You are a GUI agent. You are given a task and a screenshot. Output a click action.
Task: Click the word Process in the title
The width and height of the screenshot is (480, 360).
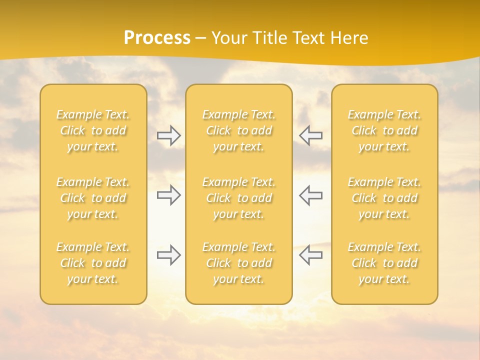pos(157,38)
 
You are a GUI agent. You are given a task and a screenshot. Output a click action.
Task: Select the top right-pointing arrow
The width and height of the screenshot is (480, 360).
pos(169,135)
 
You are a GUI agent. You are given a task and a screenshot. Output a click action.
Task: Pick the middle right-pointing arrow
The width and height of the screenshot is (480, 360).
pos(169,195)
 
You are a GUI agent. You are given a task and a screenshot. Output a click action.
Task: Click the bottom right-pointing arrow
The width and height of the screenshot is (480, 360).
pos(169,255)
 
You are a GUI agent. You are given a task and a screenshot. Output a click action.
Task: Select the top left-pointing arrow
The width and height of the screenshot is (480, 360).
pos(310,135)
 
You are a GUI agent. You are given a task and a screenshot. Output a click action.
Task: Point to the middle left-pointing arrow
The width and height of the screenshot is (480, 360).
pos(310,195)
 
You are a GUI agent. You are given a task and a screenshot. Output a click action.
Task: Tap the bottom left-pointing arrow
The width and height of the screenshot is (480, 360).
pos(310,255)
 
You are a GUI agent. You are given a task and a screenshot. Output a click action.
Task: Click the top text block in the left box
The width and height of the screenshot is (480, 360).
pos(93,130)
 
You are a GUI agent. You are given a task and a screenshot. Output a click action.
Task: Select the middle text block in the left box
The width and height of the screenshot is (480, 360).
pos(93,198)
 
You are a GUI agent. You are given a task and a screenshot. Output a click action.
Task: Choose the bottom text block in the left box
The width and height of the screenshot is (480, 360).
pos(93,263)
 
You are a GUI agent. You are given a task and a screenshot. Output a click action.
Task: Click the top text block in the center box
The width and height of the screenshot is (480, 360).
pos(238,130)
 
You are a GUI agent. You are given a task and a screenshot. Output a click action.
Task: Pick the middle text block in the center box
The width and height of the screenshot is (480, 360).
pos(238,198)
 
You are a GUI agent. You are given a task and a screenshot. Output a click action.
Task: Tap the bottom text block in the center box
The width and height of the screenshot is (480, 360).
pos(238,263)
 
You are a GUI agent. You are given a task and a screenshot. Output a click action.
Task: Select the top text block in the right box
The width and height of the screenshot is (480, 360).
pos(384,130)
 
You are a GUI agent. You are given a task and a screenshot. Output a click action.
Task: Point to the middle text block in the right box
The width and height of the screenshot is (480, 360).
pos(384,198)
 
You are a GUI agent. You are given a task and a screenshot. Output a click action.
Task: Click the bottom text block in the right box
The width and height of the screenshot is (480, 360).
pos(384,263)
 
